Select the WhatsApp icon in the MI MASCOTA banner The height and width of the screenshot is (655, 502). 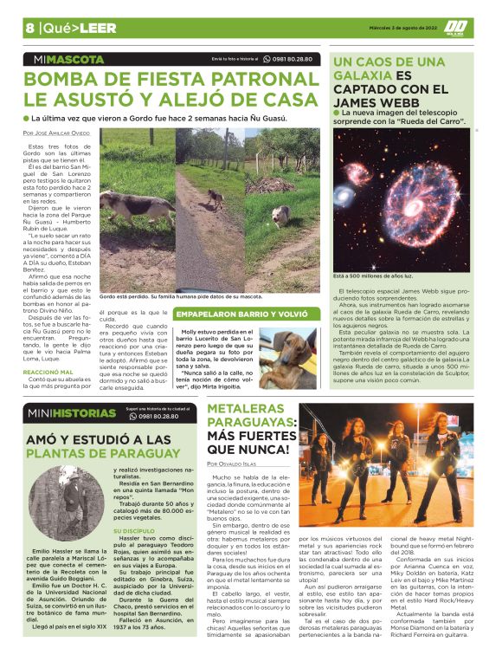point(265,59)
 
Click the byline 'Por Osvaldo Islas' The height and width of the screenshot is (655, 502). point(236,464)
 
